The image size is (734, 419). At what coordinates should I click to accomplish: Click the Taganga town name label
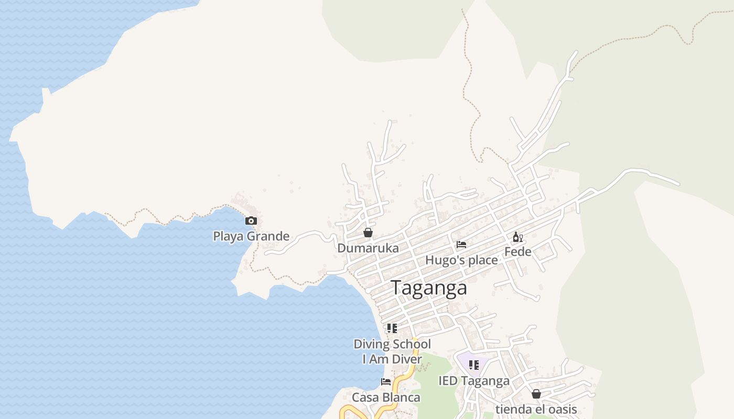[x=429, y=288]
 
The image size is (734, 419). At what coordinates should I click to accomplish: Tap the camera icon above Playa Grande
[x=251, y=221]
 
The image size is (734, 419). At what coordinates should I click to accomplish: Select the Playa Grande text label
[x=251, y=236]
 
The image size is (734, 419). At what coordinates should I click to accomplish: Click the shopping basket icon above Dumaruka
[x=368, y=233]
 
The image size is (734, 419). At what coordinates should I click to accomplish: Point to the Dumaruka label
[x=368, y=248]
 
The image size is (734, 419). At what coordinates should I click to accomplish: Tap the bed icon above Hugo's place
[x=461, y=245]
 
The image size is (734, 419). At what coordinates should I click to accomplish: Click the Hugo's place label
[x=461, y=260]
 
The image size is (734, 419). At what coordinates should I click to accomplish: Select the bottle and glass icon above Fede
[x=517, y=237]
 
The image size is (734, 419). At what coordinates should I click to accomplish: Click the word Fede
[x=517, y=252]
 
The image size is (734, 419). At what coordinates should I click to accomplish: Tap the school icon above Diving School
[x=392, y=328]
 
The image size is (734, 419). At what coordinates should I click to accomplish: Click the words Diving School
[x=392, y=344]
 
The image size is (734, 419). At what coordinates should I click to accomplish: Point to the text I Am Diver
[x=392, y=359]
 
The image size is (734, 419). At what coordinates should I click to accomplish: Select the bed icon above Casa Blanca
[x=386, y=382]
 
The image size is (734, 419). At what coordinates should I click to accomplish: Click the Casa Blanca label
[x=386, y=398]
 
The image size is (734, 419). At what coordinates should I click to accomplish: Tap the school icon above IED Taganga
[x=473, y=365]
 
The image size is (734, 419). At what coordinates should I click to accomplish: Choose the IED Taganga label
[x=473, y=381]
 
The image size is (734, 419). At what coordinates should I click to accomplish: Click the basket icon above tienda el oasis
[x=536, y=394]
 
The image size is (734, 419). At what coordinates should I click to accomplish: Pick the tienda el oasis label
[x=536, y=410]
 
